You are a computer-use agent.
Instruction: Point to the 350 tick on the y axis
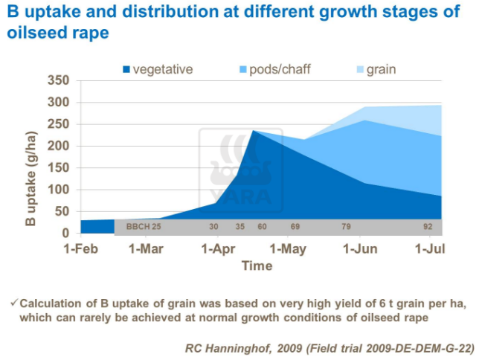[x=58, y=81]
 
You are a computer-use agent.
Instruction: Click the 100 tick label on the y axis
[x=58, y=190]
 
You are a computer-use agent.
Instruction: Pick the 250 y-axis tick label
[x=58, y=124]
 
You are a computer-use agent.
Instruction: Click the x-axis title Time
[x=257, y=265]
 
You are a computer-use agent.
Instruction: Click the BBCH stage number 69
[x=295, y=226]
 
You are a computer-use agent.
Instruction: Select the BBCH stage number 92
[x=428, y=226]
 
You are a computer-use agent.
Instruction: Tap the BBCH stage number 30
[x=213, y=226]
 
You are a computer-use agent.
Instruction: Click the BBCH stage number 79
[x=346, y=226]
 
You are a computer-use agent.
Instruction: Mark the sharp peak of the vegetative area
[x=253, y=132]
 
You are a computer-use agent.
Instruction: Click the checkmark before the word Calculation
[x=13, y=303]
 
